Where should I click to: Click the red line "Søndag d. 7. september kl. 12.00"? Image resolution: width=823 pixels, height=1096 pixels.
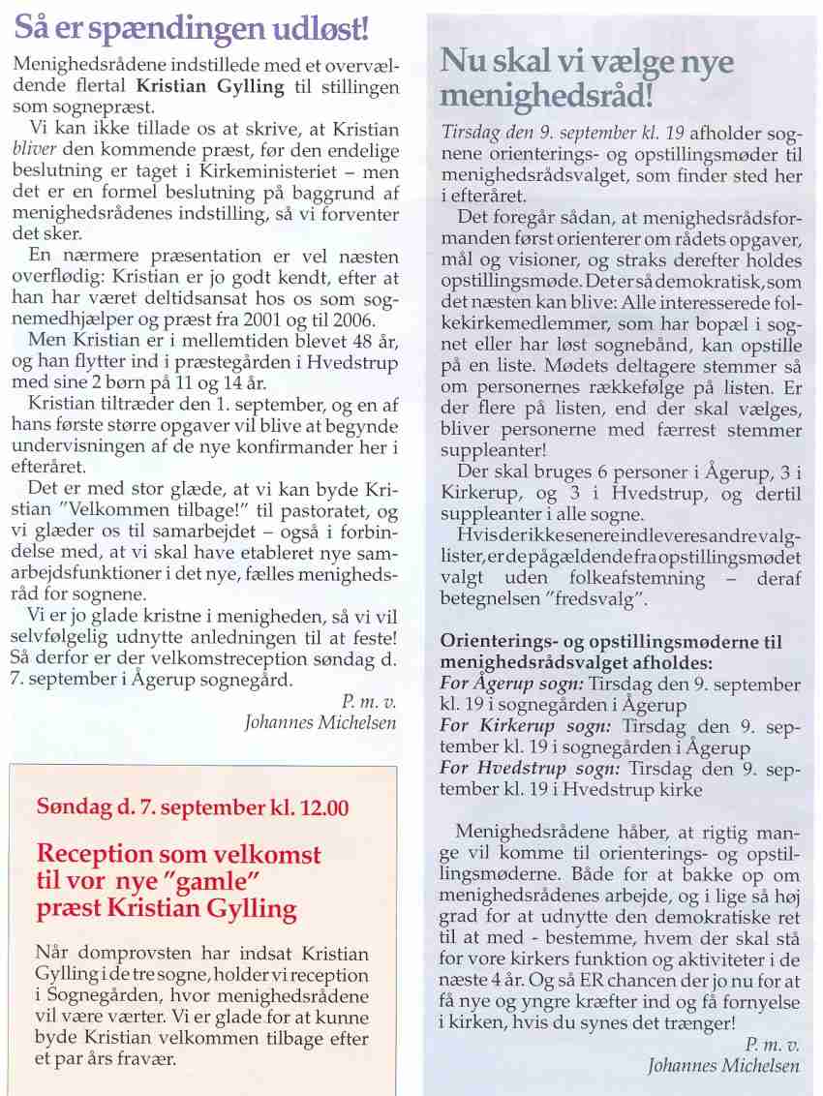pos(193,807)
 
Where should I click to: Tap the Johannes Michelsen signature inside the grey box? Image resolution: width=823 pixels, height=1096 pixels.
pos(724,1066)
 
